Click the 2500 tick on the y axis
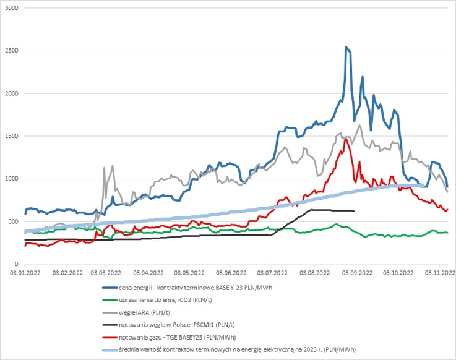pyautogui.click(x=11, y=51)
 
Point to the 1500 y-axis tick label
pyautogui.click(x=11, y=136)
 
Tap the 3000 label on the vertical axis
pyautogui.click(x=11, y=8)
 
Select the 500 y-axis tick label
pyautogui.click(x=14, y=221)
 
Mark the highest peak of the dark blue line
pyautogui.click(x=346, y=47)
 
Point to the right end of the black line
pyautogui.click(x=353, y=212)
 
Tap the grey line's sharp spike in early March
pyautogui.click(x=104, y=168)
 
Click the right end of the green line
pyautogui.click(x=447, y=233)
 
